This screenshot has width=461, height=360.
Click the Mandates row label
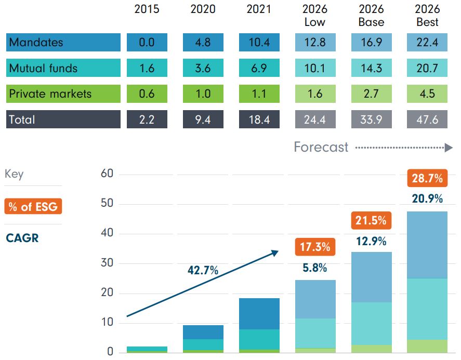pyautogui.click(x=63, y=43)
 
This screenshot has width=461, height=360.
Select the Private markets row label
pyautogui.click(x=63, y=94)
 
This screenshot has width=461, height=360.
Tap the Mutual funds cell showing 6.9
pyautogui.click(x=259, y=69)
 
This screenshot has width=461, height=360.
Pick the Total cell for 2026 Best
pyautogui.click(x=427, y=119)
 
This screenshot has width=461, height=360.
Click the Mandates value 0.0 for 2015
pyautogui.click(x=147, y=43)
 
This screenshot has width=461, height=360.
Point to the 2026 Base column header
pyautogui.click(x=371, y=16)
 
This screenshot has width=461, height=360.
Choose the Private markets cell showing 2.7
pyautogui.click(x=371, y=94)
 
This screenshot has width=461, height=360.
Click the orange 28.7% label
pyautogui.click(x=427, y=179)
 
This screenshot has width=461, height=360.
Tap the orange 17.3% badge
pyautogui.click(x=315, y=247)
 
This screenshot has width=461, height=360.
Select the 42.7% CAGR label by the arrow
pyautogui.click(x=203, y=270)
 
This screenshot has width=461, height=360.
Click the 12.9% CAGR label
pyautogui.click(x=371, y=241)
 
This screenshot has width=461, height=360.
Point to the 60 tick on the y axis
pyautogui.click(x=107, y=174)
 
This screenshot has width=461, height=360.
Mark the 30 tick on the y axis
pyautogui.click(x=107, y=263)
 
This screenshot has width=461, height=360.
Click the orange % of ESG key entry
pyautogui.click(x=33, y=206)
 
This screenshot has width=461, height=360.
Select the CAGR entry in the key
pyautogui.click(x=22, y=238)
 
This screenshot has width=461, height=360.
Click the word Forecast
pyautogui.click(x=321, y=147)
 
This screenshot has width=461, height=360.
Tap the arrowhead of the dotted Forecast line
pyautogui.click(x=449, y=148)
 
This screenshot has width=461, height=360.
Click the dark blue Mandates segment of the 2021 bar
pyautogui.click(x=259, y=314)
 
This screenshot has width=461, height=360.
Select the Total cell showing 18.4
pyautogui.click(x=259, y=119)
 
